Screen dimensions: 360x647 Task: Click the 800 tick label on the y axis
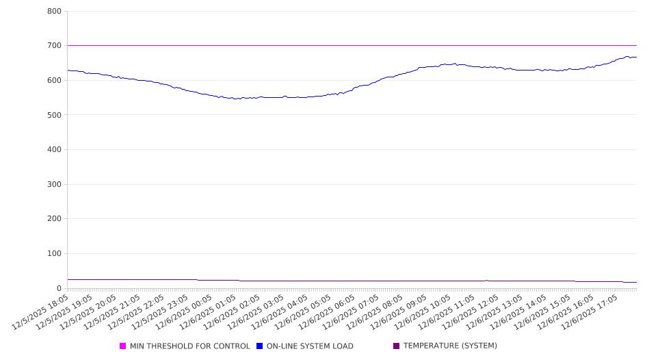[x=54, y=12]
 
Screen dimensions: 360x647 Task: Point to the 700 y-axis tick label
[x=54, y=46]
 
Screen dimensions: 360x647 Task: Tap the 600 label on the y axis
[x=54, y=81]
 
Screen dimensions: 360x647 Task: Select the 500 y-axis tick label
[x=54, y=115]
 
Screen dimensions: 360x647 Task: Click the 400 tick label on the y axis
[x=54, y=150]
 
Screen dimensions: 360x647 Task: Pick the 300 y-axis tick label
[x=54, y=185]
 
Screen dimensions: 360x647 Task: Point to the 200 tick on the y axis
[x=54, y=219]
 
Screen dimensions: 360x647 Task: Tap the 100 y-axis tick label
[x=54, y=254]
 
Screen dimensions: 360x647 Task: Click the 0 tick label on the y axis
[x=59, y=289]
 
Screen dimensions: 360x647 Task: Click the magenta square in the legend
[x=123, y=346]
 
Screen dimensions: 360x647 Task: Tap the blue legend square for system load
[x=260, y=346]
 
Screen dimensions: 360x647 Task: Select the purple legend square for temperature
[x=397, y=346]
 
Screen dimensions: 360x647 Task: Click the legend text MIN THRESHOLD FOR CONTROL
[x=190, y=346]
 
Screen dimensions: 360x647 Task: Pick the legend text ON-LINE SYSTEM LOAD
[x=310, y=346]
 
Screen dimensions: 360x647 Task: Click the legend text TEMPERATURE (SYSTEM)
[x=450, y=346]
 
